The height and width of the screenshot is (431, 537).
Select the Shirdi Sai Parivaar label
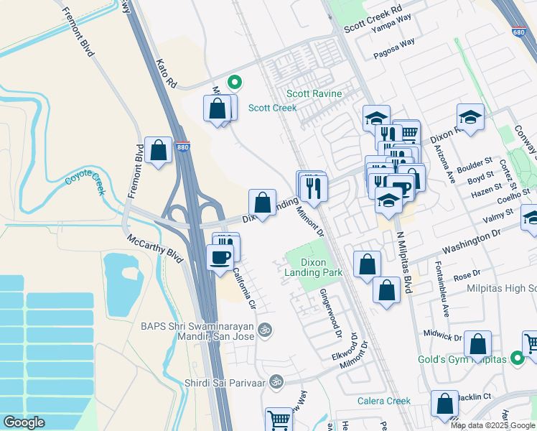click(224, 382)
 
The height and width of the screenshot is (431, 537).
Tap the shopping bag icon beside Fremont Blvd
click(159, 151)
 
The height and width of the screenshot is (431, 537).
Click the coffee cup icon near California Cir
click(220, 257)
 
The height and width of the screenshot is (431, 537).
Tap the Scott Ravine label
click(314, 94)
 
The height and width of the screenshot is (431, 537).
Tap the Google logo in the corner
click(24, 422)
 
